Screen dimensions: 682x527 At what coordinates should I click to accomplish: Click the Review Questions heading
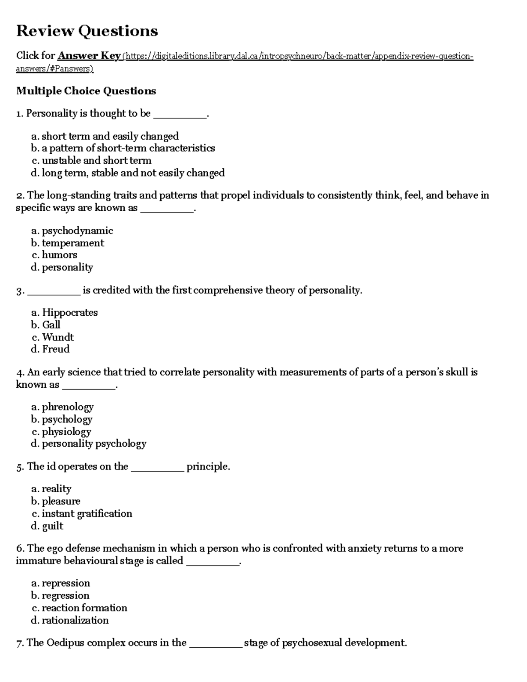click(87, 31)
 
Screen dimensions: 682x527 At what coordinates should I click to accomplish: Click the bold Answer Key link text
click(89, 56)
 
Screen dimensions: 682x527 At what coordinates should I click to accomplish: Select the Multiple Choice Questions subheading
click(86, 91)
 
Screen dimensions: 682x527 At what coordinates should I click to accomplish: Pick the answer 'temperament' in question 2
click(73, 243)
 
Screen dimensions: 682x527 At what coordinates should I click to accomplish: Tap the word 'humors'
click(60, 255)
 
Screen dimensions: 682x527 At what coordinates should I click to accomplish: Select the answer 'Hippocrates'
click(70, 313)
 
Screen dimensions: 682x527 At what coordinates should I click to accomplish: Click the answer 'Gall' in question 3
click(51, 325)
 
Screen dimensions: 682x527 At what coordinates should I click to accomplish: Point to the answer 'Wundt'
click(58, 337)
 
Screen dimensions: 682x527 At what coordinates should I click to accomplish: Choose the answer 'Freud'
click(56, 349)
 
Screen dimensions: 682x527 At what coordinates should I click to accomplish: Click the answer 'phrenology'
click(68, 407)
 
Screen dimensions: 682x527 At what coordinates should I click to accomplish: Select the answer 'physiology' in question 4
click(67, 432)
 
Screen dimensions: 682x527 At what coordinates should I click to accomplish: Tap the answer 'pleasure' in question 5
click(61, 502)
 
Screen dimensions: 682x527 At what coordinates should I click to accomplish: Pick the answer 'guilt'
click(53, 526)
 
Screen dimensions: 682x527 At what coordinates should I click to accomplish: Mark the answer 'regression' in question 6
click(65, 596)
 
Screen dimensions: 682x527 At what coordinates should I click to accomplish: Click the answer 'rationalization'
click(75, 621)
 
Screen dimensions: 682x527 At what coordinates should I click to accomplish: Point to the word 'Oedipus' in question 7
click(65, 643)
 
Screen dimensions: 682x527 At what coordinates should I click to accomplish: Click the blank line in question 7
click(215, 645)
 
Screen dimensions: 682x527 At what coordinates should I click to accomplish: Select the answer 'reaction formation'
click(84, 608)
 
